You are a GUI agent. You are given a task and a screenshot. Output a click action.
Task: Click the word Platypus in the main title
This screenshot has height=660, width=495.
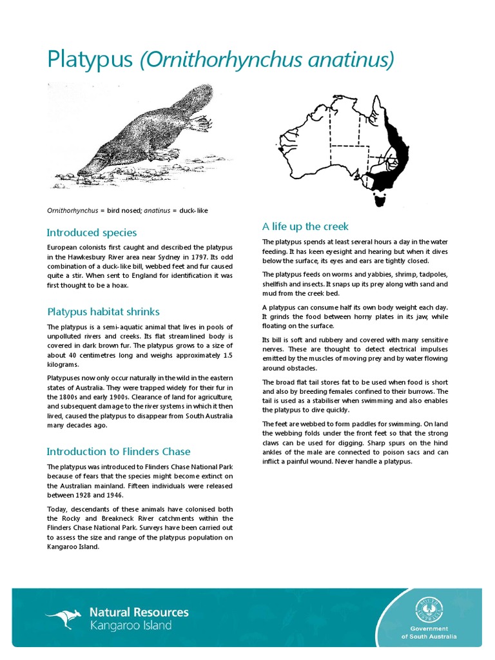tap(90, 61)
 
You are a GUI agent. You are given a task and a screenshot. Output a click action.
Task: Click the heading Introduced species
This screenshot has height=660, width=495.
tap(92, 233)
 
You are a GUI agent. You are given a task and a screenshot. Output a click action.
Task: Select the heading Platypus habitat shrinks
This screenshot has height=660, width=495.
tap(103, 312)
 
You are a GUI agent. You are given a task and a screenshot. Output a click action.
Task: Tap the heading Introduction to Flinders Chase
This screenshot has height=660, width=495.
tap(119, 451)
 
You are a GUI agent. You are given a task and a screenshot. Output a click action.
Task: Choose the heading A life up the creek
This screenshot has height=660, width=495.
tap(306, 226)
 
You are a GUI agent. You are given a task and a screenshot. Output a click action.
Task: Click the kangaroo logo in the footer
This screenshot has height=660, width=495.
tap(63, 618)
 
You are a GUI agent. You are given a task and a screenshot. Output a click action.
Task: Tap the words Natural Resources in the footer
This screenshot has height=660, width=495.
tap(139, 612)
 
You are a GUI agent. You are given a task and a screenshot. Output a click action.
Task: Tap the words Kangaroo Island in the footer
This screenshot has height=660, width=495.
tap(131, 626)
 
